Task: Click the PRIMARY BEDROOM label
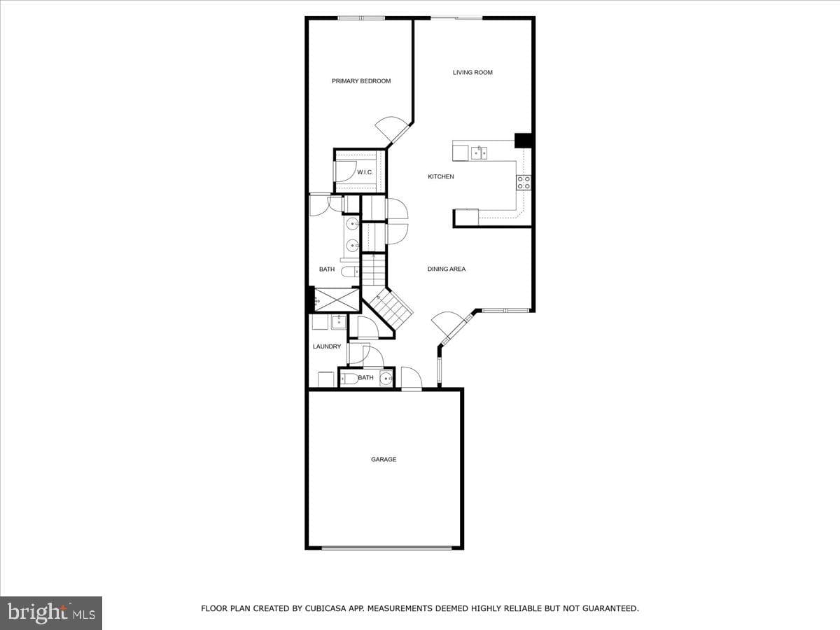point(361,81)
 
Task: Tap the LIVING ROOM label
point(472,72)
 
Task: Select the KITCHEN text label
point(441,176)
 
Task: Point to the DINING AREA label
point(446,269)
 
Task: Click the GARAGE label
point(384,459)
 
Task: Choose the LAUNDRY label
point(327,346)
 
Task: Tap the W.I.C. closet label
point(365,172)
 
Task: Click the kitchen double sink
point(479,153)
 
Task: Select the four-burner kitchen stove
point(524,182)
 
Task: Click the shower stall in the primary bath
point(337,300)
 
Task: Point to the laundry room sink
point(339,322)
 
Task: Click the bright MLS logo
point(51,613)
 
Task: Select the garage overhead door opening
point(386,548)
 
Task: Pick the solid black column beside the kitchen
point(523,141)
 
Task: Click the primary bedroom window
point(361,18)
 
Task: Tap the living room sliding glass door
point(456,18)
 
